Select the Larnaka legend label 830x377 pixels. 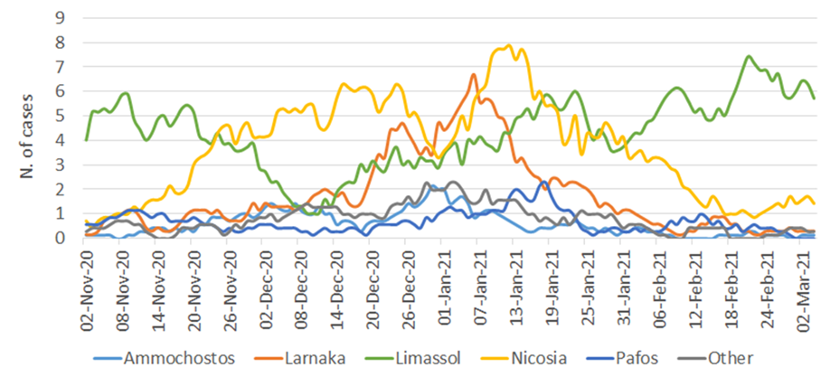click(x=326, y=358)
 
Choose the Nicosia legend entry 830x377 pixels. click(x=542, y=358)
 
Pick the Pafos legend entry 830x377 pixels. click(x=642, y=358)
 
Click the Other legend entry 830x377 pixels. click(x=733, y=358)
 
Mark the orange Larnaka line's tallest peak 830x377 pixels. click(x=474, y=74)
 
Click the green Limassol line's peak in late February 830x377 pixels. click(x=748, y=56)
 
